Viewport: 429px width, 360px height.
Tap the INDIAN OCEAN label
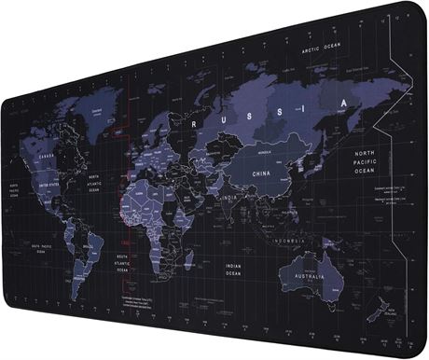point(234,269)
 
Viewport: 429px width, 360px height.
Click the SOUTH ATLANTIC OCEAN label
point(122,264)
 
